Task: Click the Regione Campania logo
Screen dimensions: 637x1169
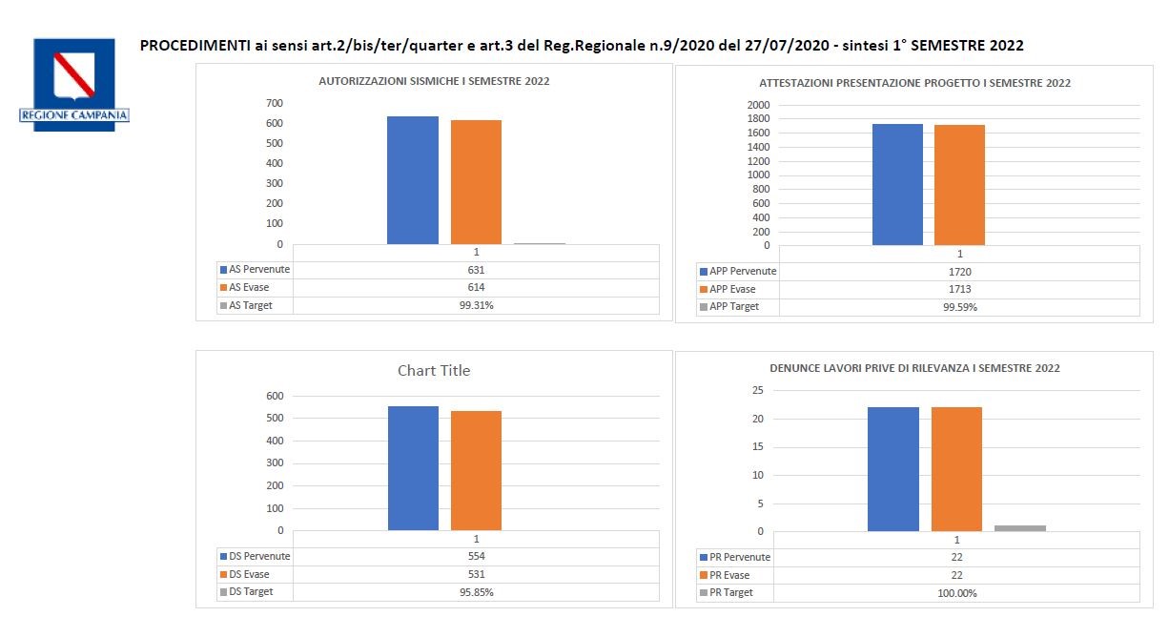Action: (x=73, y=84)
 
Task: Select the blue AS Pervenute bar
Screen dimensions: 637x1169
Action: (x=412, y=180)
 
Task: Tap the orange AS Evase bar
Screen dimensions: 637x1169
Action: (x=476, y=182)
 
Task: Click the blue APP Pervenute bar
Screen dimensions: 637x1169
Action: (x=897, y=184)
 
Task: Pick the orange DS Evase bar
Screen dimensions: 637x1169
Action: (x=476, y=470)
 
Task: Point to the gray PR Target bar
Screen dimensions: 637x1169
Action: (x=1019, y=528)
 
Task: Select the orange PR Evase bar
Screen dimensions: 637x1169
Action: (x=956, y=468)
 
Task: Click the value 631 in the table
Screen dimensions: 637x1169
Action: (x=476, y=270)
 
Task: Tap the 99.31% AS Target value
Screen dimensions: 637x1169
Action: (x=476, y=305)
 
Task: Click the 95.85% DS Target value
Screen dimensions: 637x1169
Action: (x=476, y=592)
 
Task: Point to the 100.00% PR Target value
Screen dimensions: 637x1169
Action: (x=956, y=593)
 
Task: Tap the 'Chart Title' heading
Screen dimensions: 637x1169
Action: (x=434, y=370)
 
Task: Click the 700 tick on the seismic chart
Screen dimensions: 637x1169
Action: (x=275, y=103)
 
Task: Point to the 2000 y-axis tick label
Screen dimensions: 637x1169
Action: (x=758, y=105)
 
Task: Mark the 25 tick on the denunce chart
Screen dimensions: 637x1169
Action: (x=758, y=390)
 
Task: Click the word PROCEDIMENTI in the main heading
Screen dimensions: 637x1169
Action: (x=195, y=46)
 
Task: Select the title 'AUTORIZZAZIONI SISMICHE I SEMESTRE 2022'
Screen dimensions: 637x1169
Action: (x=434, y=82)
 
